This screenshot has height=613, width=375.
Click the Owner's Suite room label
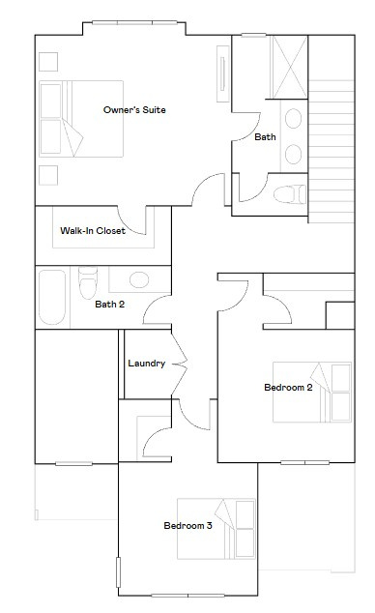(134, 110)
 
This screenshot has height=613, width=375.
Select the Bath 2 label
(109, 305)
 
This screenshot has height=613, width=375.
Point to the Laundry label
(146, 364)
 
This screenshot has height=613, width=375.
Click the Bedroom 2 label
(288, 388)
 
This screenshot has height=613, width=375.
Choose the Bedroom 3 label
(187, 526)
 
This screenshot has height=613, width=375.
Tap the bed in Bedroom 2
(312, 392)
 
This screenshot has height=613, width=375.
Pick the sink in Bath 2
(127, 280)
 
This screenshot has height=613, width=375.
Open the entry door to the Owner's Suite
(207, 191)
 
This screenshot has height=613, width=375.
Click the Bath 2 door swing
(159, 311)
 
